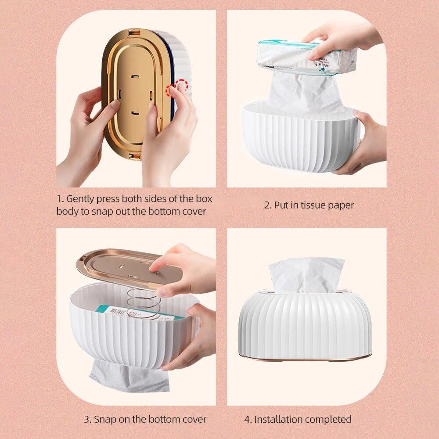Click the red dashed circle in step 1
180,86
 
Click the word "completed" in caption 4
330,419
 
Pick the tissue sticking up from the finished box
306,275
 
